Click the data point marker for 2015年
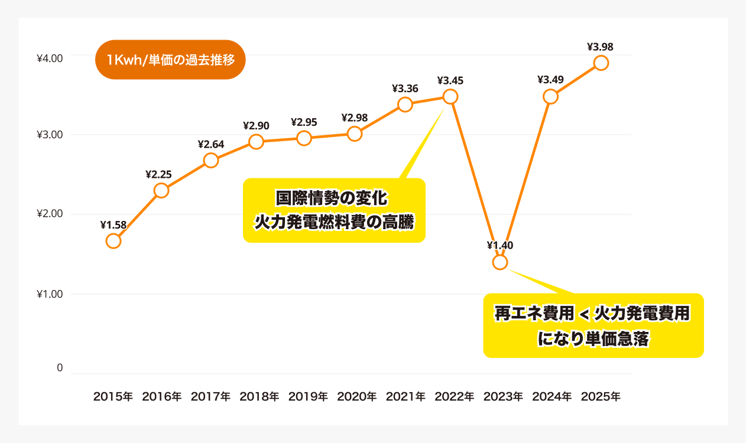point(113,241)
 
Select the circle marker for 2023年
point(500,262)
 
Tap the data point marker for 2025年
point(601,63)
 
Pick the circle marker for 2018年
point(256,141)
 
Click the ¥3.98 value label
point(601,46)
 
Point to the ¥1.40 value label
point(500,245)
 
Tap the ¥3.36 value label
point(405,89)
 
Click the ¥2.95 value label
point(304,122)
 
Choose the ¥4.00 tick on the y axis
point(50,58)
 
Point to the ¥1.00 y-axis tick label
point(50,294)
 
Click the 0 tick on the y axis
point(60,367)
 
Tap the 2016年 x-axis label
point(162,396)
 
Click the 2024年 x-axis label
point(552,396)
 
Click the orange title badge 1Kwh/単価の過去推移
point(170,60)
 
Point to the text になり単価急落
point(593,340)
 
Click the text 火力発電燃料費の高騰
point(335,222)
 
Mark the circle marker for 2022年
point(450,97)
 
